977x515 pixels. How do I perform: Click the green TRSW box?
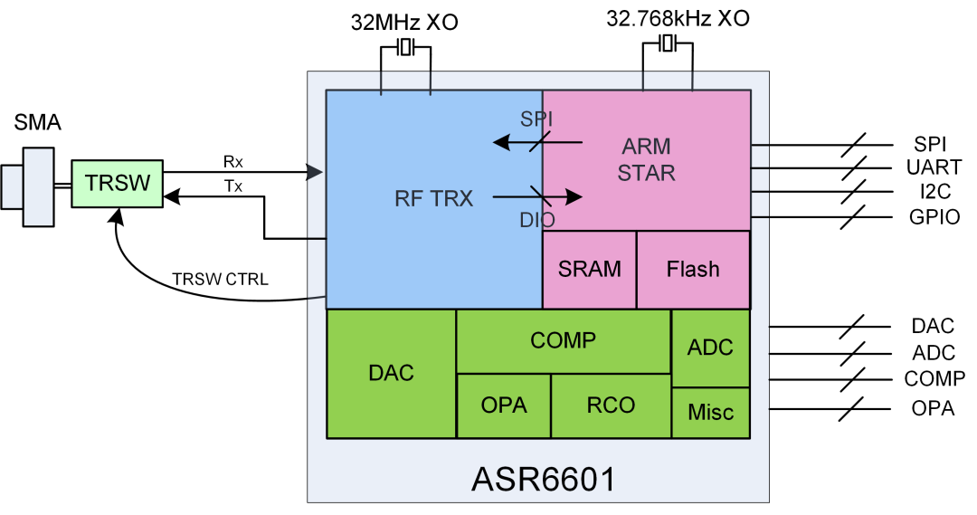(x=119, y=183)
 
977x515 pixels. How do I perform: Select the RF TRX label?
(x=433, y=199)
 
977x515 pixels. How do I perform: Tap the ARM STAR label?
(x=647, y=158)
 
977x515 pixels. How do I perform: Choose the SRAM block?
(x=589, y=269)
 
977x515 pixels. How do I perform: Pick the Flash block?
(x=693, y=269)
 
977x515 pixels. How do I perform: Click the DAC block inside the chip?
(x=391, y=373)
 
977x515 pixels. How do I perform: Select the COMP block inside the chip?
(x=563, y=340)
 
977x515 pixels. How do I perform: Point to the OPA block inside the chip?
(x=504, y=405)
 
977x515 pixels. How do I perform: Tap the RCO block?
(x=611, y=405)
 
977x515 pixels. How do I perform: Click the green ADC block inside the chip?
(x=710, y=348)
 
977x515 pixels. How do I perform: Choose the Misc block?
(x=710, y=413)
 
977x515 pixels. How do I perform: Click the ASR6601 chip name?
(x=543, y=479)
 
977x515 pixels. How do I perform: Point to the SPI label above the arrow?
(x=536, y=119)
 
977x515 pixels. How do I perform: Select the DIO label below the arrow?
(x=537, y=219)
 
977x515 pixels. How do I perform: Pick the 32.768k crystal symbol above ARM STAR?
(x=668, y=43)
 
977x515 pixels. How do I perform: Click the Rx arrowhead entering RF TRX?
(x=316, y=172)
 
